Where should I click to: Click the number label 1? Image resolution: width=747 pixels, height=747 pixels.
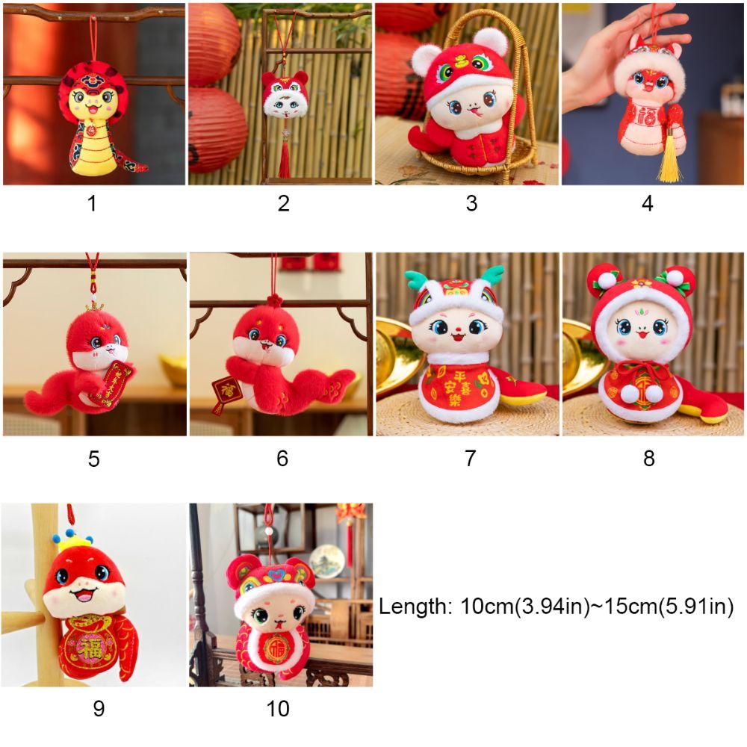click(x=92, y=203)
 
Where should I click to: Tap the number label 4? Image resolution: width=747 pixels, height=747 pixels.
click(x=647, y=203)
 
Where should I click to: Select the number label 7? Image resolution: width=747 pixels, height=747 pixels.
click(x=469, y=458)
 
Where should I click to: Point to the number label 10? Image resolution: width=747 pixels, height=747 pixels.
click(x=277, y=707)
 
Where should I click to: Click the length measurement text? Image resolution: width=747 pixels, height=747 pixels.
click(x=557, y=607)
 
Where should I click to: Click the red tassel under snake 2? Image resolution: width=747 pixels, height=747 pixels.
click(x=284, y=161)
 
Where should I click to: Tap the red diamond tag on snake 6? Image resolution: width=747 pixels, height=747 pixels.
click(x=223, y=392)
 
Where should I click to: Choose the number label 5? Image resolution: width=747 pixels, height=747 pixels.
click(x=93, y=458)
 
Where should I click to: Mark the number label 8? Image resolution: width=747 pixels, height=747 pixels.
click(x=648, y=458)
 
